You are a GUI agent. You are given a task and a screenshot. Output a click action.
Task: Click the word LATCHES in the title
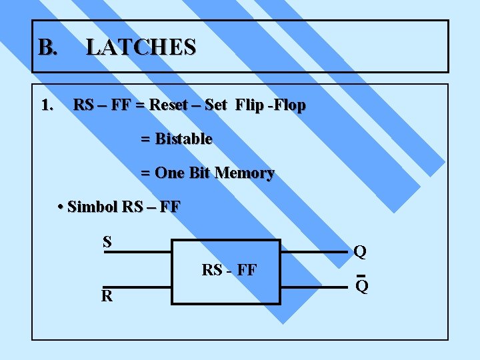[141, 47]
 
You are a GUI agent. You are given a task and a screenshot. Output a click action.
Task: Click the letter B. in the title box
[48, 47]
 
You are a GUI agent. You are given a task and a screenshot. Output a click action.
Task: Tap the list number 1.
[47, 105]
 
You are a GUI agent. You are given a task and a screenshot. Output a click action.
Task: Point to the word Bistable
[183, 139]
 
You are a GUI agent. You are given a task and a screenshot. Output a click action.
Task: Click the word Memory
[244, 173]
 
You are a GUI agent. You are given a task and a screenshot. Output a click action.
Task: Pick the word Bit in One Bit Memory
[199, 173]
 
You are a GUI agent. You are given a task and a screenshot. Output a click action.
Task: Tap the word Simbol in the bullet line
[93, 207]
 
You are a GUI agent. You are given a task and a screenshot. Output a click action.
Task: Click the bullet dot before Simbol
[61, 207]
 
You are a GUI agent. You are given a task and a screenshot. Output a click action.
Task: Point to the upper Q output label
[360, 252]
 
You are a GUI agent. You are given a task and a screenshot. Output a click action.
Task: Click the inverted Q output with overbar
[361, 287]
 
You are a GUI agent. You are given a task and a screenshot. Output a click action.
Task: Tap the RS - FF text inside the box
[229, 271]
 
